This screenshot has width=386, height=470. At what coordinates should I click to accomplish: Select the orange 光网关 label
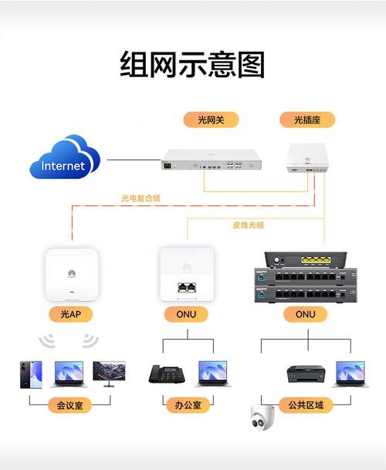[210, 120]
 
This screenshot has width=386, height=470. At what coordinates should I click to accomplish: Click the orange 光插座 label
[306, 120]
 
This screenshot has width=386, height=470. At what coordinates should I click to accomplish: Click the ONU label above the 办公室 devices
[187, 315]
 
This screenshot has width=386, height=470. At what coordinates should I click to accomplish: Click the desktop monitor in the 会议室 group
[110, 372]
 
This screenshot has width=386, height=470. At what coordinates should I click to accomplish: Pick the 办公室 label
[187, 404]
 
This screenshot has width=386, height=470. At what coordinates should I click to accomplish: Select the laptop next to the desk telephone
[213, 373]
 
